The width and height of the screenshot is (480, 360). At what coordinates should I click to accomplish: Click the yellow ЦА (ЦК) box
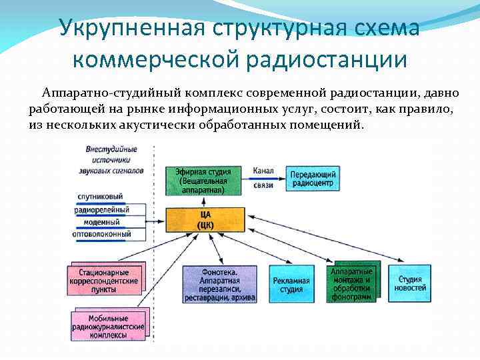[205, 219]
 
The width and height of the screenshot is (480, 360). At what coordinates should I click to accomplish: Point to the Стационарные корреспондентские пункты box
[104, 282]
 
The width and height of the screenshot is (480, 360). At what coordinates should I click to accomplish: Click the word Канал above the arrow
[263, 171]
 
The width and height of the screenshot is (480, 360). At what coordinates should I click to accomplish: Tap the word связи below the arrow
[263, 185]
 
